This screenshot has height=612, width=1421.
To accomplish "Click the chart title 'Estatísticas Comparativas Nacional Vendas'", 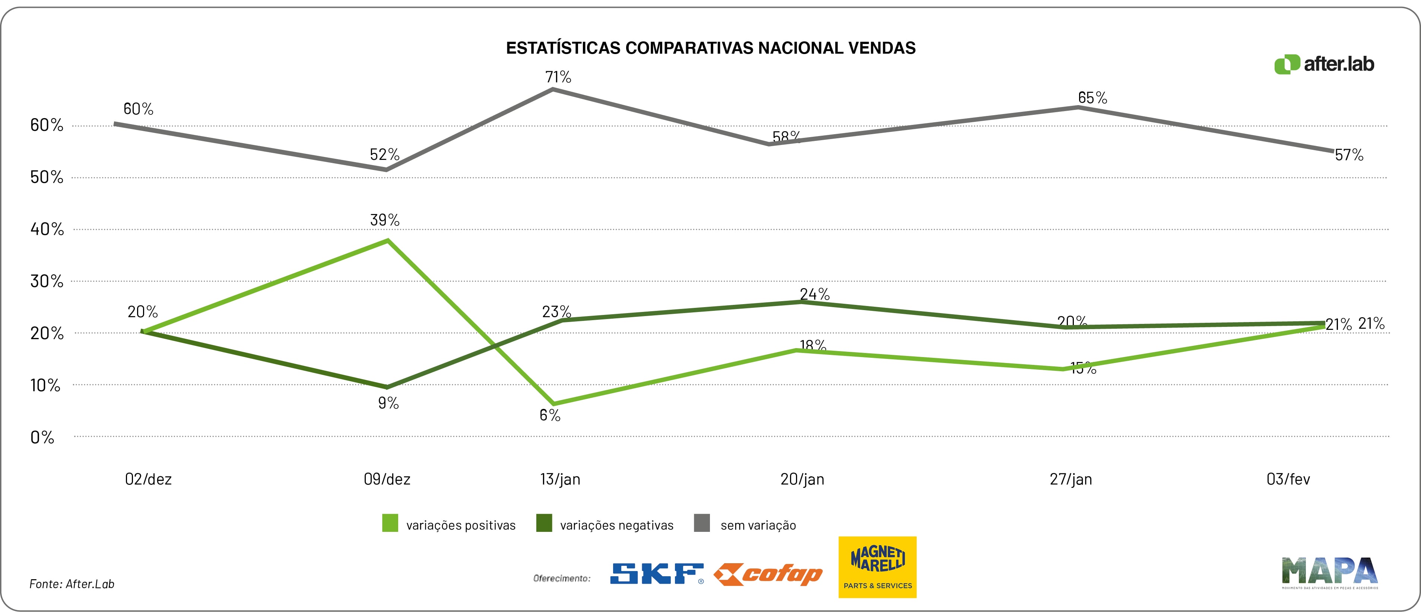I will coord(711,48).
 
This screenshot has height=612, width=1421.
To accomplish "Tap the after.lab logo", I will coord(1324,64).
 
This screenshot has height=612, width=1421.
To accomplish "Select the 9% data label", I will coord(388,403).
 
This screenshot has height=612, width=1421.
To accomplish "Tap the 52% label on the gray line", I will coord(384,155).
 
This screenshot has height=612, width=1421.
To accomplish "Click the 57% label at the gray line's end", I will coord(1349,155).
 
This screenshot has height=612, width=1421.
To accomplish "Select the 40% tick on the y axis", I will coord(47,229).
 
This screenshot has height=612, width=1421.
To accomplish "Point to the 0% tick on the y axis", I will coord(42,438).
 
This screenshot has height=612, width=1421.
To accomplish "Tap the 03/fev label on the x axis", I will coord(1288,479).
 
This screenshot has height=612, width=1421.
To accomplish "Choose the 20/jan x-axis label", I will coord(802,479).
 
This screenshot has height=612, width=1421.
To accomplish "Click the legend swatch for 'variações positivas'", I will coord(390,523).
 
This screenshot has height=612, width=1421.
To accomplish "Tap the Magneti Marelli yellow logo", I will coord(877,567).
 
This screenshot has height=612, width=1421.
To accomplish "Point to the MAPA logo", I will coord(1329,572).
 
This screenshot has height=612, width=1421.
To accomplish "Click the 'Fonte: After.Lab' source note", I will coord(72,584).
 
